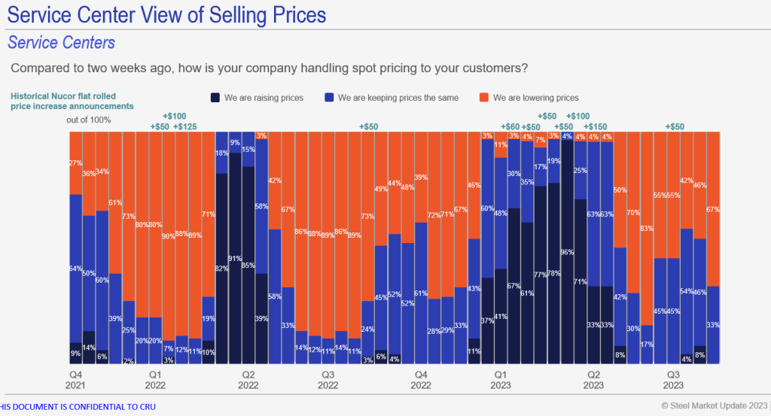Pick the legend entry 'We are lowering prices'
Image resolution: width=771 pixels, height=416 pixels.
pyautogui.click(x=528, y=98)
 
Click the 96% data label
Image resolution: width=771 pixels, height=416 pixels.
pyautogui.click(x=566, y=251)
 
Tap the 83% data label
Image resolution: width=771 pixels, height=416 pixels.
pyautogui.click(x=646, y=228)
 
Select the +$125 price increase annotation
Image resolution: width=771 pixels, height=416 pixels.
pyautogui.click(x=184, y=126)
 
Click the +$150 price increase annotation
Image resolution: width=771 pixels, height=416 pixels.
pyautogui.click(x=596, y=126)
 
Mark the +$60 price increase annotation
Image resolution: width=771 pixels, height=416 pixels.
pyautogui.click(x=510, y=126)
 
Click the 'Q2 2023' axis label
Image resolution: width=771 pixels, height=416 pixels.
pyautogui.click(x=593, y=379)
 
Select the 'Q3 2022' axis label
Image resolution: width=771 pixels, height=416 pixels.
pyautogui.click(x=328, y=379)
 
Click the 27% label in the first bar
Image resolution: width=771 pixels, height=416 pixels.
pyautogui.click(x=75, y=162)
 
